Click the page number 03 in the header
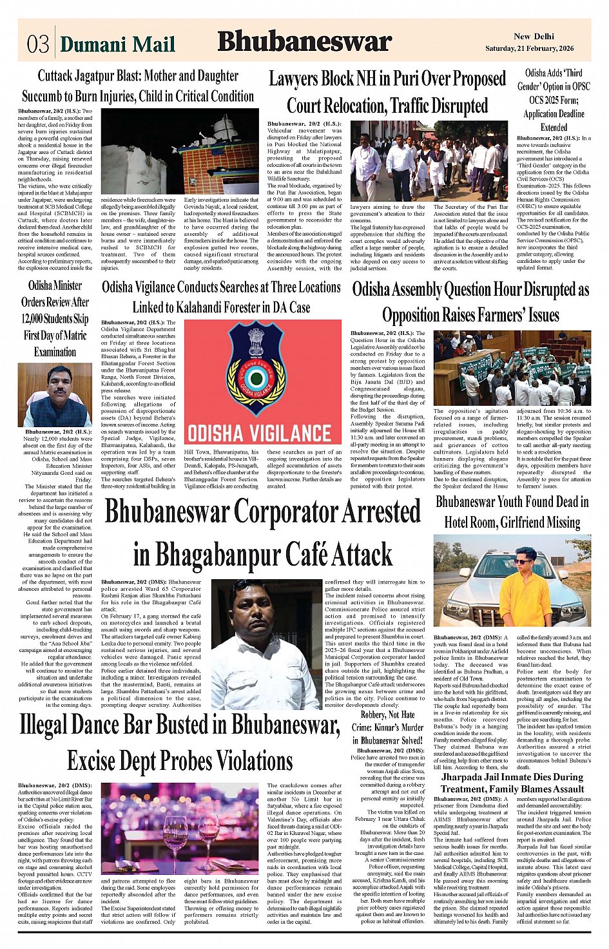tap(37, 44)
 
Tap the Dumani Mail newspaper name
tap(117, 44)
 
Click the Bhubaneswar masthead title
tap(304, 42)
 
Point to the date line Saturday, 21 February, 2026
tap(529, 49)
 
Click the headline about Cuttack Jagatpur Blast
tap(137, 86)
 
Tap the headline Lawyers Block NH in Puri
tap(387, 91)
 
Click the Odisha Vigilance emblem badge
tap(262, 368)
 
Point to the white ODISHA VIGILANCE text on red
tap(259, 432)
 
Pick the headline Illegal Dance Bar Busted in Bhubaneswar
tap(179, 743)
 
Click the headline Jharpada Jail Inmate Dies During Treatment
tap(512, 782)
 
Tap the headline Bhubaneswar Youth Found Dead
tap(512, 512)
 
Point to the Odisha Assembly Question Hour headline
tap(470, 302)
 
